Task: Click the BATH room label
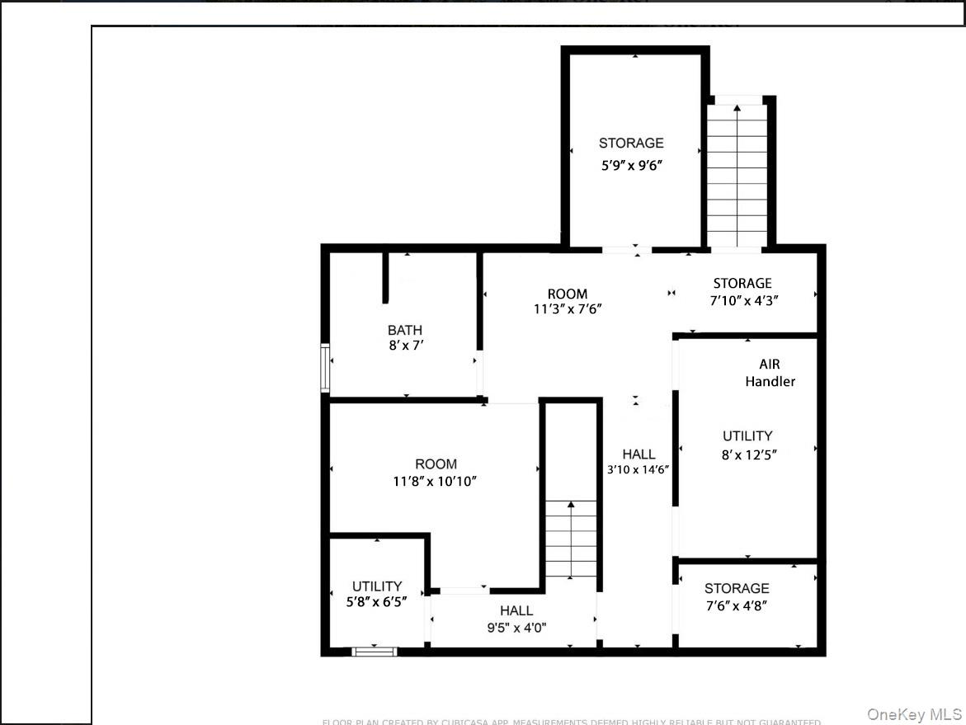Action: [405, 330]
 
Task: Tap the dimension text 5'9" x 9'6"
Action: [631, 165]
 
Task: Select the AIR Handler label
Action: [770, 373]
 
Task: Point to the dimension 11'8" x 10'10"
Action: [436, 482]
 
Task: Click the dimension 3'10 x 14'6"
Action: [638, 469]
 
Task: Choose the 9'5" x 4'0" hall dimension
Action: [516, 628]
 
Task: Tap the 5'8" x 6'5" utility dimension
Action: [377, 603]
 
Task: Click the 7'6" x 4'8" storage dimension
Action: [737, 605]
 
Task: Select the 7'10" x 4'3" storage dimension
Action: [743, 300]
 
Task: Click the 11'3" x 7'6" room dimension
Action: [568, 309]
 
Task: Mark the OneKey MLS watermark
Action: [913, 714]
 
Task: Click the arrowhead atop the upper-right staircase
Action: [737, 105]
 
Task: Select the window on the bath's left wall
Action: [325, 368]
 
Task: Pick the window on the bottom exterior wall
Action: [374, 652]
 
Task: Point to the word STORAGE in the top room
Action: [631, 144]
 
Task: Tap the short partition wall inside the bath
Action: [384, 277]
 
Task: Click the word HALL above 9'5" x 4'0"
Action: [516, 610]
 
